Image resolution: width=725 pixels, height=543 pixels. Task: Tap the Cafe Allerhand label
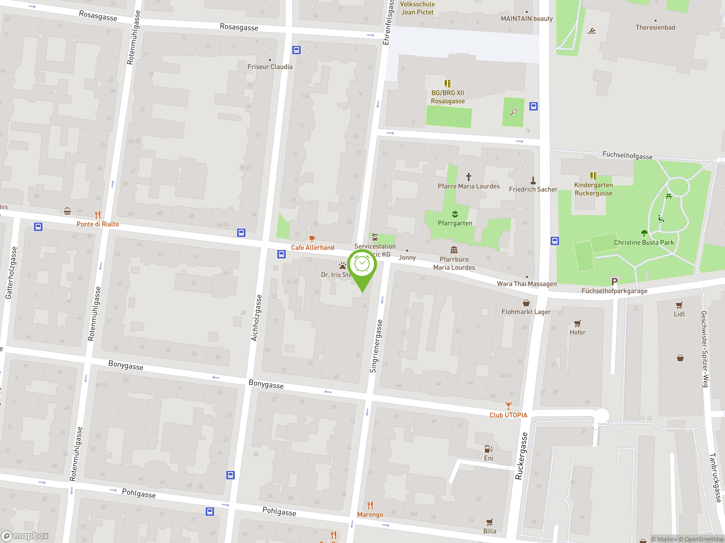pos(312,248)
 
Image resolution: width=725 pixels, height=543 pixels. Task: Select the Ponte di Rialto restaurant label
pos(98,224)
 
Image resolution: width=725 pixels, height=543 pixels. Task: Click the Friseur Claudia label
pos(270,67)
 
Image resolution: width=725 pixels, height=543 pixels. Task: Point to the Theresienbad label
pos(655,27)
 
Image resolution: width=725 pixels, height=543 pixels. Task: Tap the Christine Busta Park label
pos(644,243)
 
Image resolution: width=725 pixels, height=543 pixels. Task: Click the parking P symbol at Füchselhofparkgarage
pos(614,281)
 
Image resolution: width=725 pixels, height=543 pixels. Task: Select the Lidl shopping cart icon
pos(679,305)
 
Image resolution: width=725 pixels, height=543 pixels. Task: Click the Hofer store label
pos(577,333)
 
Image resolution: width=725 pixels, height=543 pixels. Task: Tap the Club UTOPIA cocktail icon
pos(508,406)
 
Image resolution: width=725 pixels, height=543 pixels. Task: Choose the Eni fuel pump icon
pos(488,449)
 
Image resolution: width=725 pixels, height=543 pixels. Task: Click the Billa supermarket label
pos(489,531)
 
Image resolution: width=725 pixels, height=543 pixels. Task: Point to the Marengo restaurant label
pos(370,514)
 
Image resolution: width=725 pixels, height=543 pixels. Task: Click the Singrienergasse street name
pos(376,346)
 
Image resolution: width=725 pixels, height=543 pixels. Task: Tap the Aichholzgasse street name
pos(256,318)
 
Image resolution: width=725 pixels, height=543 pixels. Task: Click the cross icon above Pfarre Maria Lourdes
pos(469,177)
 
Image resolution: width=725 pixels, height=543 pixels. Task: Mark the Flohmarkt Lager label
pos(526,312)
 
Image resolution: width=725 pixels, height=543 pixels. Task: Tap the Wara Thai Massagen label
pos(527,284)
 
